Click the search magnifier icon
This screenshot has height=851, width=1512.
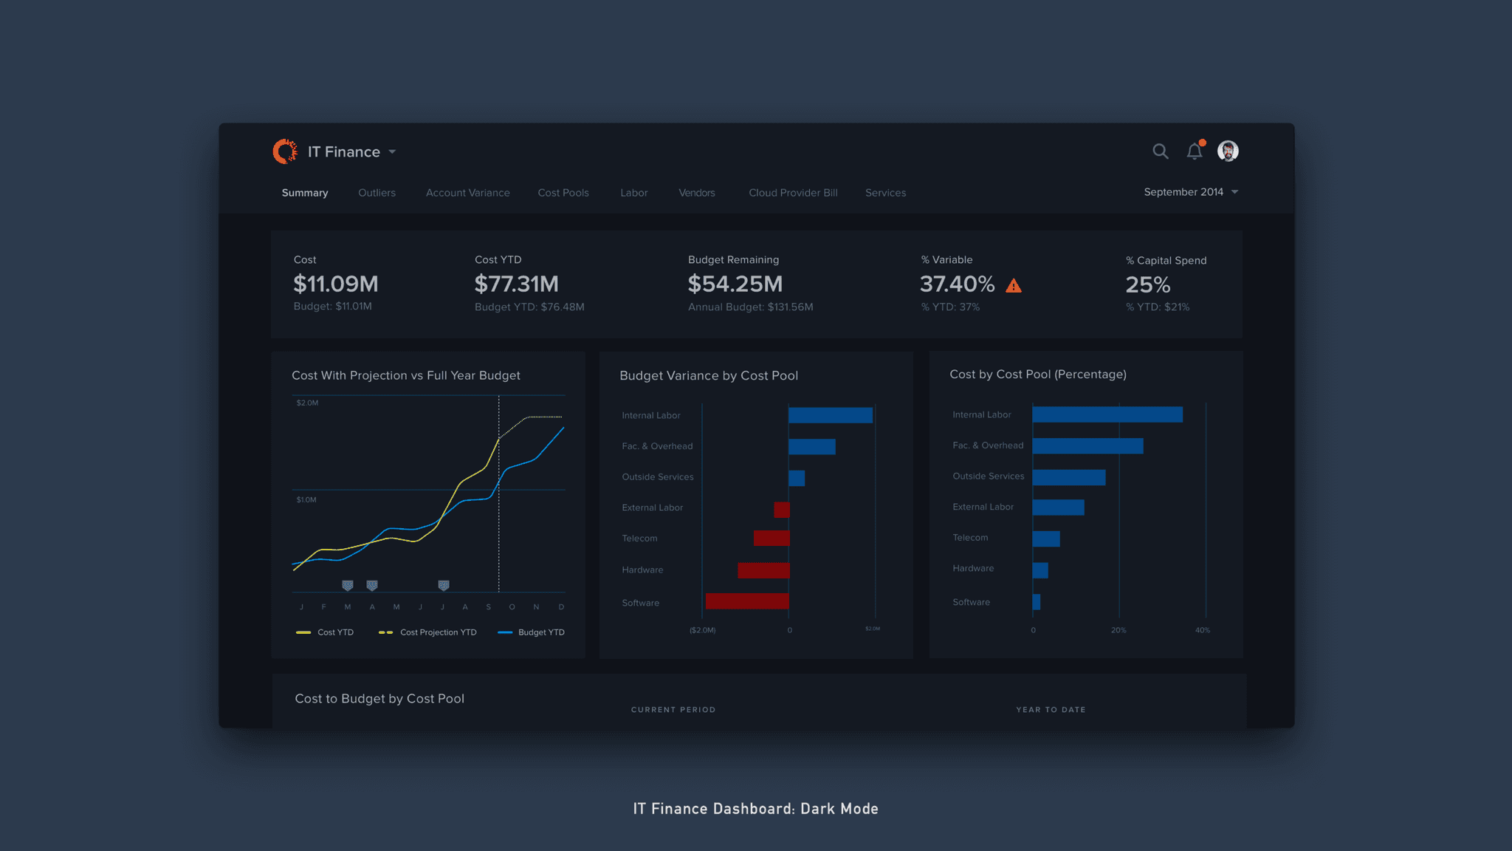pyautogui.click(x=1160, y=151)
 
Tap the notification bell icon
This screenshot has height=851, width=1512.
pyautogui.click(x=1194, y=151)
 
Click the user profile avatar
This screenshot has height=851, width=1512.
pyautogui.click(x=1228, y=151)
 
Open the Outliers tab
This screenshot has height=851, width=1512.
pyautogui.click(x=377, y=193)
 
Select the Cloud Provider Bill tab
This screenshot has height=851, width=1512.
pyautogui.click(x=793, y=193)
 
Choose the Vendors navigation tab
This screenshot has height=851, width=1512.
pyautogui.click(x=696, y=193)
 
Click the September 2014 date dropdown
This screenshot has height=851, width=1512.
pyautogui.click(x=1190, y=192)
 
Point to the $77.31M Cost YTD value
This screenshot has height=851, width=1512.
pyautogui.click(x=516, y=284)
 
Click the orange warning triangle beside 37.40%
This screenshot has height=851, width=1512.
pyautogui.click(x=1014, y=286)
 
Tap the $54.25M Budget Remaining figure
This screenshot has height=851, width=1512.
pyautogui.click(x=735, y=284)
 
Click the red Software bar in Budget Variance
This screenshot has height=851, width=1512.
pyautogui.click(x=747, y=601)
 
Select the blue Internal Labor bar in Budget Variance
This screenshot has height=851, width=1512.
pyautogui.click(x=830, y=415)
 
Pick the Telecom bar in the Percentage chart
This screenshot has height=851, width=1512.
pyautogui.click(x=1045, y=539)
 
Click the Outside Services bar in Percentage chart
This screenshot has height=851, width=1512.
pyautogui.click(x=1068, y=477)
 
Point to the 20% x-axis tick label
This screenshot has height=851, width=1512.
pyautogui.click(x=1118, y=630)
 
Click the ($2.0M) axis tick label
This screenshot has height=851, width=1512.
pyautogui.click(x=702, y=630)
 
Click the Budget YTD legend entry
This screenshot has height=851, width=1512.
pyautogui.click(x=532, y=632)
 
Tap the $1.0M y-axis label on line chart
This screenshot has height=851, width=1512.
pyautogui.click(x=306, y=500)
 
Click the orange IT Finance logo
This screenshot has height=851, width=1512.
pyautogui.click(x=285, y=151)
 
